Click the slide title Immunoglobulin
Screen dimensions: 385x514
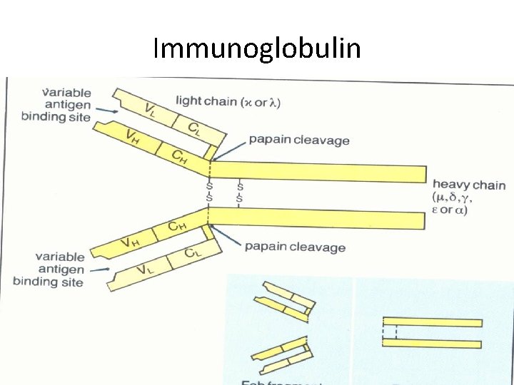[257, 49]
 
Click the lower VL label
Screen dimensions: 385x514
[146, 269]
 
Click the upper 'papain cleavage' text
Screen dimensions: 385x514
[299, 140]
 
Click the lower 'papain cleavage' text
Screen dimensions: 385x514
[295, 247]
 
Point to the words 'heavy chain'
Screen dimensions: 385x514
[469, 185]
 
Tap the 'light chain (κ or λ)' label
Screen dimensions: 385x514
[228, 101]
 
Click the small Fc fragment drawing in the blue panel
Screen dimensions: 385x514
[432, 333]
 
